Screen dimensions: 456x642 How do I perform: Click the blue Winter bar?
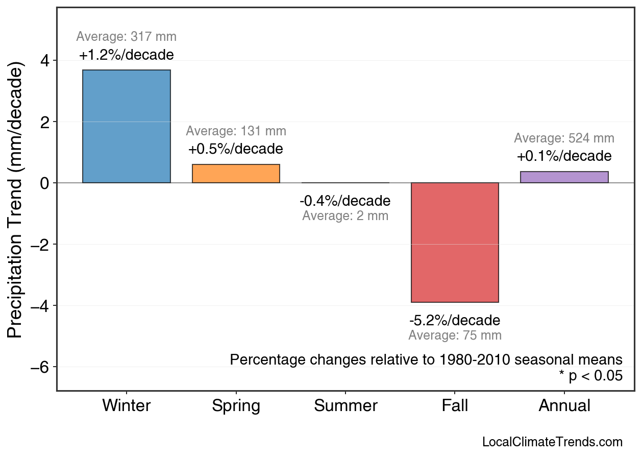coord(127,126)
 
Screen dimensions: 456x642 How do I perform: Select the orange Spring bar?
coord(236,174)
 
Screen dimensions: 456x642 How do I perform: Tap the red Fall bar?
coord(455,243)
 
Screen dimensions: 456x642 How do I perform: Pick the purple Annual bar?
coord(564,177)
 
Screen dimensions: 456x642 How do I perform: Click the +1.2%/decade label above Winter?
coord(127,55)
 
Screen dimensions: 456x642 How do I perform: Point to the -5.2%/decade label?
coord(455,321)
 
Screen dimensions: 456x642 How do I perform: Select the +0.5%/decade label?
coord(235,150)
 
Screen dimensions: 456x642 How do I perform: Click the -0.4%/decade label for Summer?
coord(345,201)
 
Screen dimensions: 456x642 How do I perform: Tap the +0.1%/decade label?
coord(564,156)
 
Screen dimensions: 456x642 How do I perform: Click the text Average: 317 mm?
coord(127,37)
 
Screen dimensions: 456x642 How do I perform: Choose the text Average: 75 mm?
coord(455,335)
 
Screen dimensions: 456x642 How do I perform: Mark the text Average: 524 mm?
coord(564,138)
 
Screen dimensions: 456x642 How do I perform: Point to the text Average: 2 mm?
coord(345,216)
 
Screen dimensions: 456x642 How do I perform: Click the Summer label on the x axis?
coord(345,406)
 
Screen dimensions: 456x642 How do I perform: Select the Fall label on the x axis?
coord(455,406)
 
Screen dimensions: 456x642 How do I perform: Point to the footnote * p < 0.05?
coord(590,376)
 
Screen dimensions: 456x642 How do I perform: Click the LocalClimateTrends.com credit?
coord(552,442)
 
